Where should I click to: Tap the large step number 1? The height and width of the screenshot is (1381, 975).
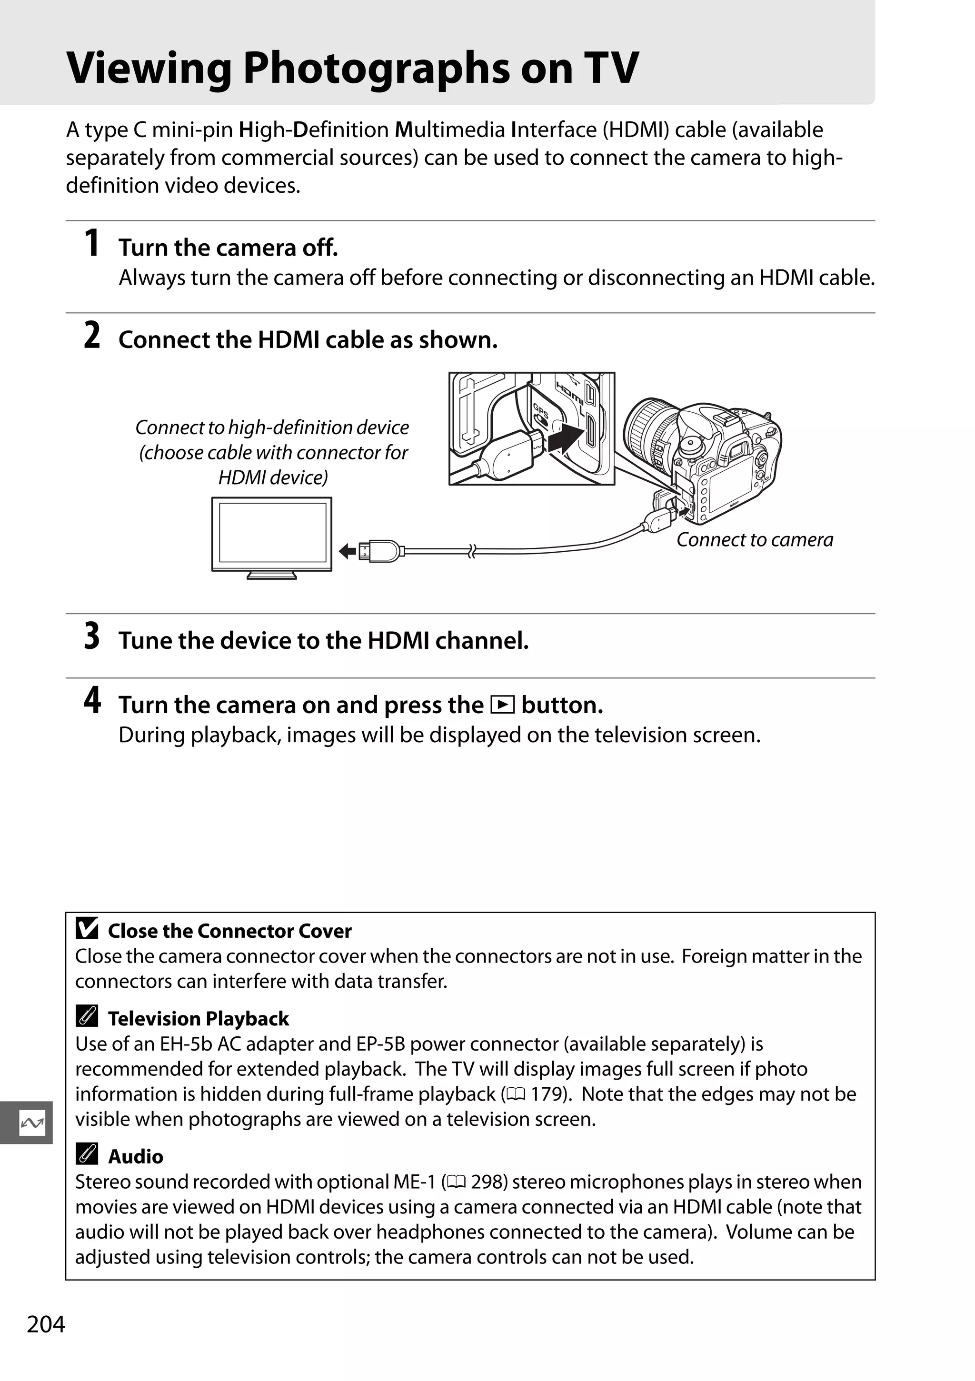91,244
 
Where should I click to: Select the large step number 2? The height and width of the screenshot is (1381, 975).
91,336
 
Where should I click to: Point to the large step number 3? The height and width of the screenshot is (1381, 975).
91,636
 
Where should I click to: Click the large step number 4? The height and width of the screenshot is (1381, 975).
91,701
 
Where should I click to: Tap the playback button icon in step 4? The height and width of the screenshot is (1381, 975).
502,705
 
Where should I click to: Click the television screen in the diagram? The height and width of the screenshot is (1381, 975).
272,533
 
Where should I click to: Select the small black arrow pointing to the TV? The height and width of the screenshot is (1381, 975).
347,551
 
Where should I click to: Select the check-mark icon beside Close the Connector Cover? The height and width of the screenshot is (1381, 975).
87,929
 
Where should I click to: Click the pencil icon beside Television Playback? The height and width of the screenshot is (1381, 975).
87,1017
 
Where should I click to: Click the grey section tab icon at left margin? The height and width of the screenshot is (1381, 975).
31,1123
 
